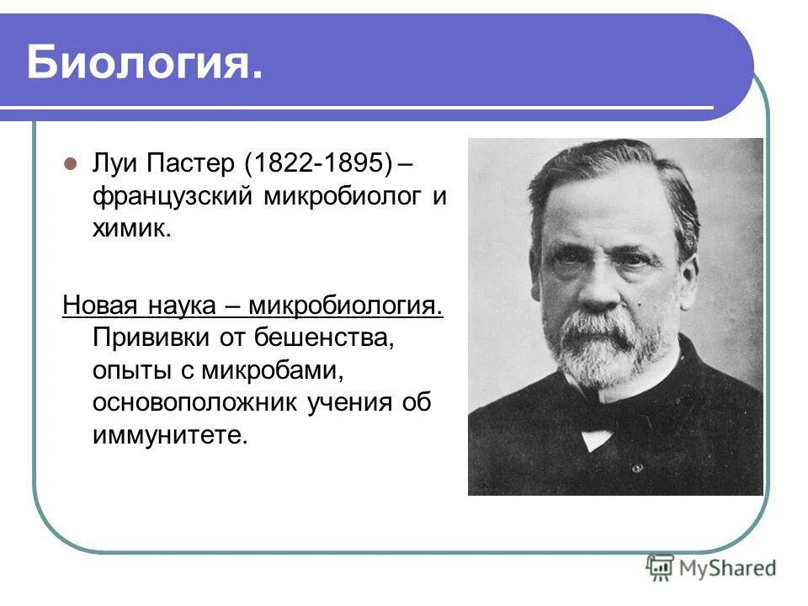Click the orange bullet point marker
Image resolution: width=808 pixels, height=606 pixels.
click(x=71, y=163)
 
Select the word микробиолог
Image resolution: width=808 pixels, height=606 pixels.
click(x=340, y=197)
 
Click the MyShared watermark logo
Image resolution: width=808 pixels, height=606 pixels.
click(x=710, y=567)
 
